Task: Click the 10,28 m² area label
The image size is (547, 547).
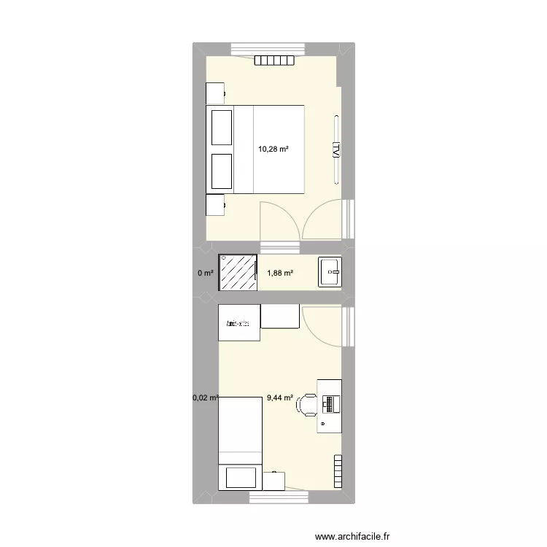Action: click(273, 150)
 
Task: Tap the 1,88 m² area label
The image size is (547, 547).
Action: click(280, 273)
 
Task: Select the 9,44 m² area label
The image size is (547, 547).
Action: click(280, 398)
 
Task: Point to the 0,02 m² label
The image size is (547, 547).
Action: click(205, 398)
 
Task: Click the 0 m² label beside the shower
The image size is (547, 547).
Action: click(205, 273)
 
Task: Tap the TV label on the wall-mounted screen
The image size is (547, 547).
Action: click(335, 150)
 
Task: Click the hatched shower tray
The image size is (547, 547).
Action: click(238, 273)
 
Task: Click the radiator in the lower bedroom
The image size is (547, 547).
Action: click(338, 472)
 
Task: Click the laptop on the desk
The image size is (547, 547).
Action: click(330, 403)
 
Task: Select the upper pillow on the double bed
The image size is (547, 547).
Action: click(221, 127)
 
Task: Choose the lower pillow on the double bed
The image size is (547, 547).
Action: click(221, 172)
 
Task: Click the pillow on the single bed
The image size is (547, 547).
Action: click(240, 478)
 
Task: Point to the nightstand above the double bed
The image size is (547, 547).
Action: click(215, 93)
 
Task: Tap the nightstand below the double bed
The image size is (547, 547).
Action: click(215, 205)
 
